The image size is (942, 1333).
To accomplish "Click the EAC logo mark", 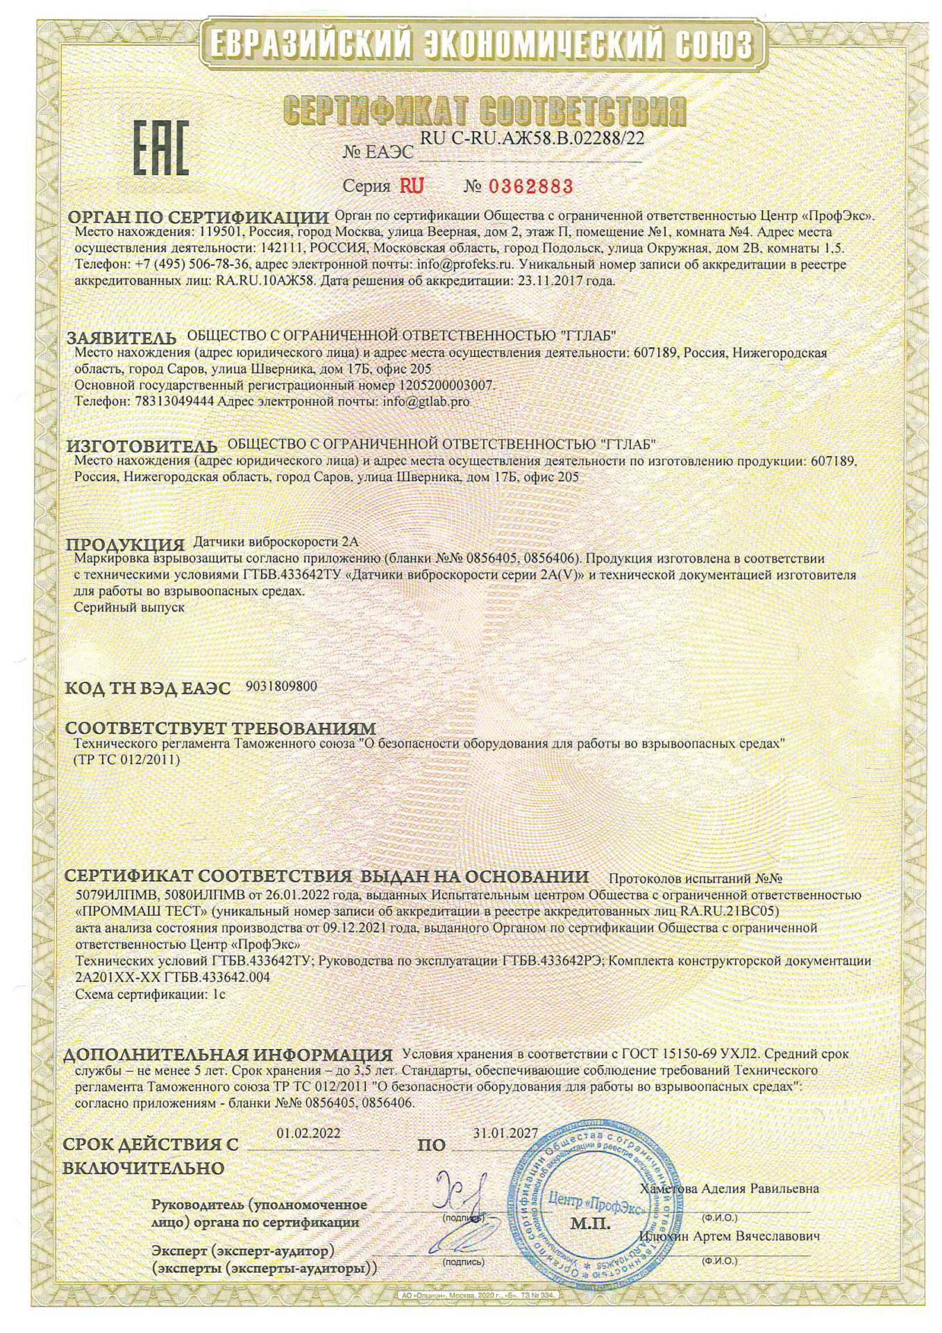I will coord(160,147).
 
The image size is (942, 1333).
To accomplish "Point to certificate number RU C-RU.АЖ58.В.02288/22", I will coord(532,138).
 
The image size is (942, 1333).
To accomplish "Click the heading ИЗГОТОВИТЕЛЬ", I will coord(142,445).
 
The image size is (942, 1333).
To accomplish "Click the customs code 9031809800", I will coord(281,687).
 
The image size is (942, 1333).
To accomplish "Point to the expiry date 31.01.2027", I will coord(505,1132).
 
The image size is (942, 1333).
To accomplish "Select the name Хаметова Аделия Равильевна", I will coord(730,1189).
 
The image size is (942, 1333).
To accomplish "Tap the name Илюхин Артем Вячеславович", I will coord(730,1236).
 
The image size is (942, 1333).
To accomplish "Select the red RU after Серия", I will coord(411,186).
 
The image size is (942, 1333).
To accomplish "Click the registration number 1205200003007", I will coord(448,385).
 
